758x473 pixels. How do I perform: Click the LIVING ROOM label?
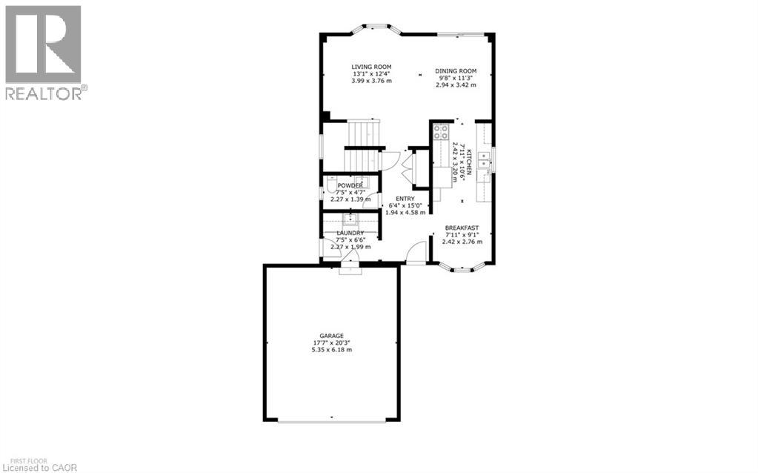371,67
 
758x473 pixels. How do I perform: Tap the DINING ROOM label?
456,71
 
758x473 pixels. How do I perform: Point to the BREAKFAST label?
462,228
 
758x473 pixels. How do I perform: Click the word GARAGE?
331,336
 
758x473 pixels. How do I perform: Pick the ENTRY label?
405,199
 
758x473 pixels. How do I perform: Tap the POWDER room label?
350,185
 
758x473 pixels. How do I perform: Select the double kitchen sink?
483,159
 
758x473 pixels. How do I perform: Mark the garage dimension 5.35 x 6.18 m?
331,350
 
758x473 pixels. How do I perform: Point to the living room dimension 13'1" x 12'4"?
371,74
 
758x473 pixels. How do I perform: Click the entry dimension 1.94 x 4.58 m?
405,213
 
